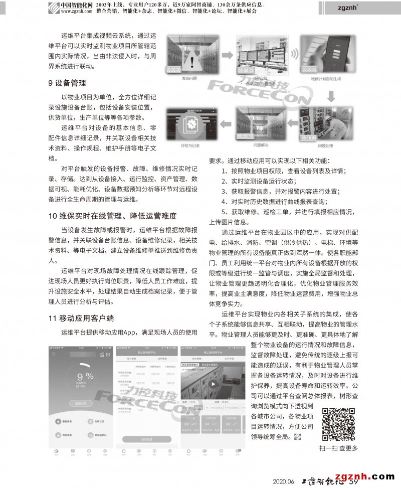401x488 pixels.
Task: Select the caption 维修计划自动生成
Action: click(326, 79)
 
